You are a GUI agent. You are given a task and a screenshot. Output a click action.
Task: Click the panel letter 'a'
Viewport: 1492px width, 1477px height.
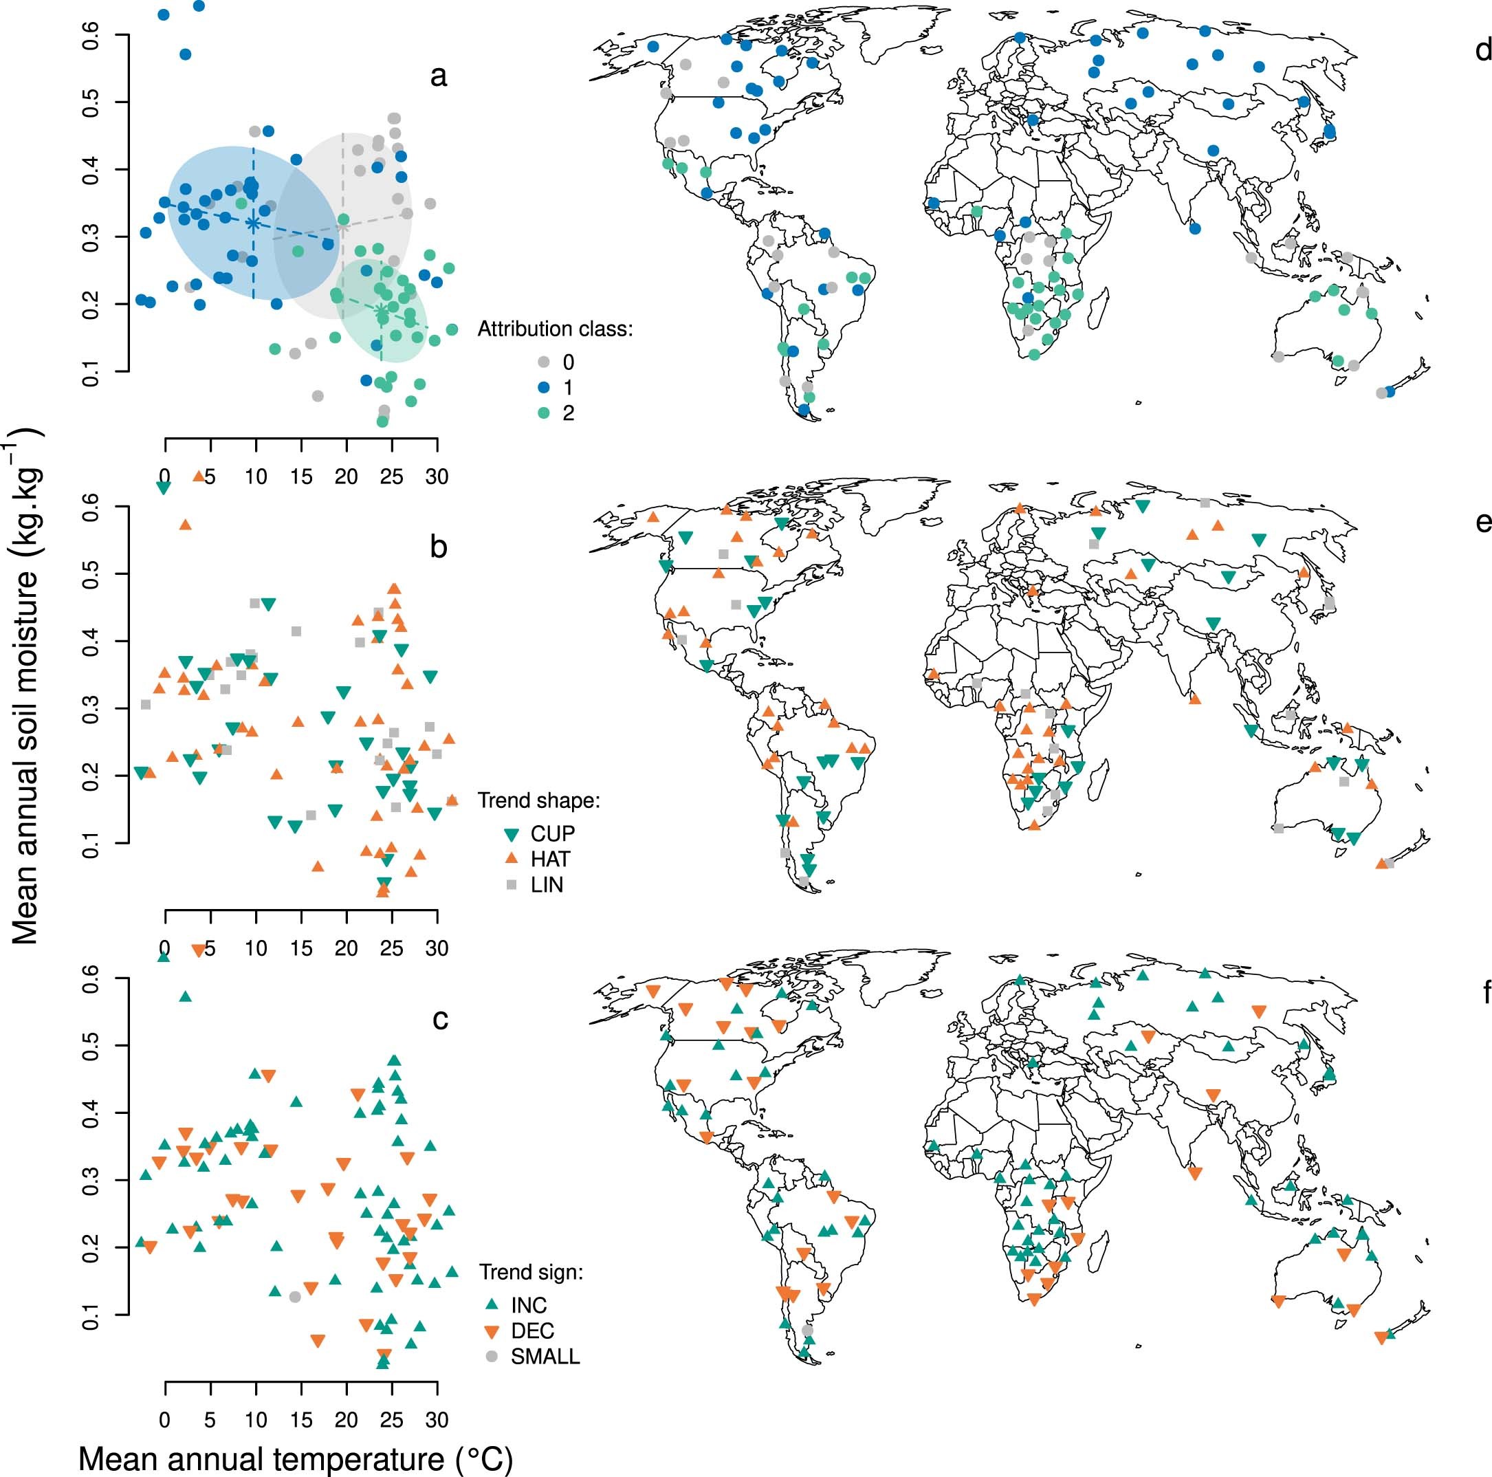pyautogui.click(x=438, y=76)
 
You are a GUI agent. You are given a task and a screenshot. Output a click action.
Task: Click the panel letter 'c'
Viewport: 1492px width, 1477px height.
pyautogui.click(x=439, y=1019)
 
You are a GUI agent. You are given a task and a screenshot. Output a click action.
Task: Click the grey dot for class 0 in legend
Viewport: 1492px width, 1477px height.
pyautogui.click(x=545, y=362)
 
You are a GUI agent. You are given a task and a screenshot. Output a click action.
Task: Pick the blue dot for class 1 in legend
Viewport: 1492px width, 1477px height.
pyautogui.click(x=545, y=387)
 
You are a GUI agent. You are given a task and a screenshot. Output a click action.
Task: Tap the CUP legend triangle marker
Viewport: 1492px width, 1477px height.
pyautogui.click(x=512, y=834)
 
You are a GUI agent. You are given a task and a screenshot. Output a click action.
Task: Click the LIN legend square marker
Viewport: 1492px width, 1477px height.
pyautogui.click(x=512, y=885)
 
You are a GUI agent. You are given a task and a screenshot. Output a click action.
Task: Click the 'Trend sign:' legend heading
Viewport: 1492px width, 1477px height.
pyautogui.click(x=531, y=1271)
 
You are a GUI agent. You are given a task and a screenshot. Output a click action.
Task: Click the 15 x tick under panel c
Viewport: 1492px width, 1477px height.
pyautogui.click(x=301, y=1419)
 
